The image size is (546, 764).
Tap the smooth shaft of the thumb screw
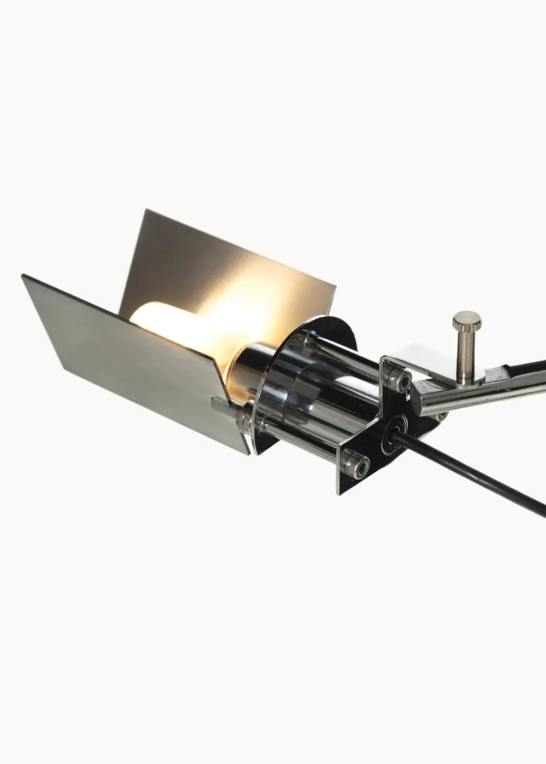tap(466, 354)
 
